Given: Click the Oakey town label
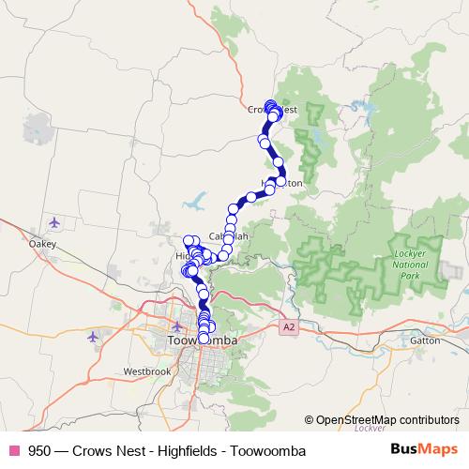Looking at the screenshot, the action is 42,244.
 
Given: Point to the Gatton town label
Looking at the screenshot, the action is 425,340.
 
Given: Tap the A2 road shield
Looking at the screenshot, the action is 288,327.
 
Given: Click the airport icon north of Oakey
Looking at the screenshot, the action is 54,223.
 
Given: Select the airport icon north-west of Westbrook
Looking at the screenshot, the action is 92,336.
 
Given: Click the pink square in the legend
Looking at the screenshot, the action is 13,451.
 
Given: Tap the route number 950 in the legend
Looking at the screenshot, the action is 39,451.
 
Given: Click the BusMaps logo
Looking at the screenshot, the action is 425,450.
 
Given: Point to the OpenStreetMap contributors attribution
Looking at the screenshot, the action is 386,420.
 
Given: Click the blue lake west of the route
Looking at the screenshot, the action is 200,200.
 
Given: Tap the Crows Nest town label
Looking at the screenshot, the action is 273,110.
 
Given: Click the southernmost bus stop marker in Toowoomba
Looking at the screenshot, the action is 204,338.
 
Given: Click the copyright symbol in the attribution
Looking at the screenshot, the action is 309,420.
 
